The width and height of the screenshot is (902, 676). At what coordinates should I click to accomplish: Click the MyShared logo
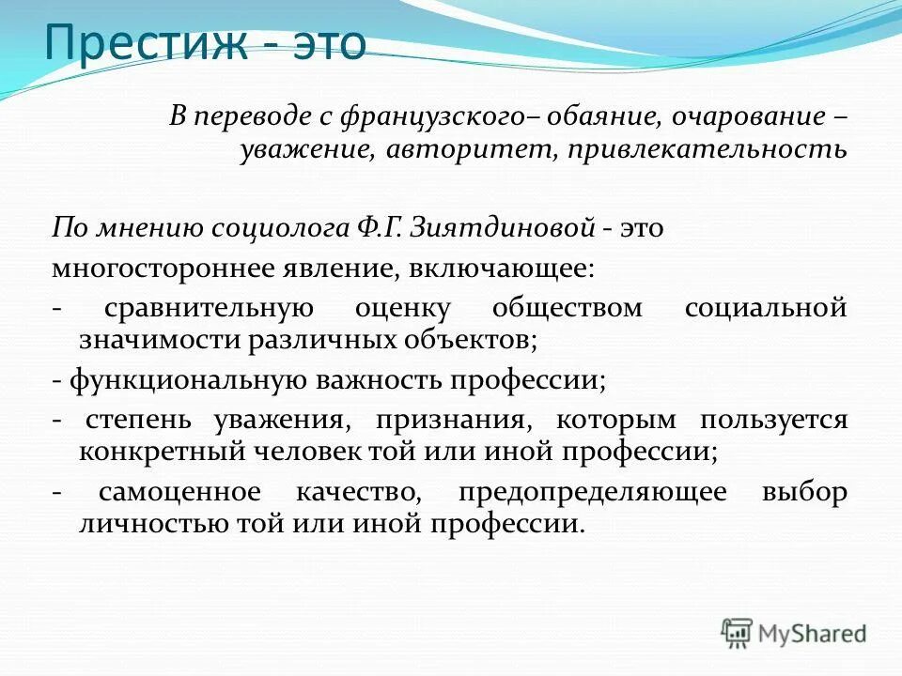coord(795,633)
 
